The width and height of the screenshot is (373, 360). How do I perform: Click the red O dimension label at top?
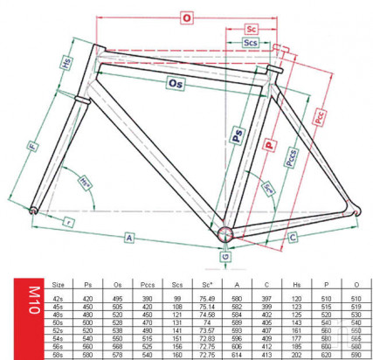pos(185,16)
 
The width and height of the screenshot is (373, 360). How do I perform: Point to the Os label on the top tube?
pos(176,84)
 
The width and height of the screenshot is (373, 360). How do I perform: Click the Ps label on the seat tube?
pos(237,135)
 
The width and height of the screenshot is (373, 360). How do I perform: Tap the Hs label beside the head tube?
pos(66,63)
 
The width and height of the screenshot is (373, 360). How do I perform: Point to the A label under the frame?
pos(128,237)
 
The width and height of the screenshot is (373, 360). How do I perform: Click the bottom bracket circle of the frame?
pos(226,233)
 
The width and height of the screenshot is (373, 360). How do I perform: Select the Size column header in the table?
pos(59,284)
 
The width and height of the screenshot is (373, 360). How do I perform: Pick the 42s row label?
pos(59,296)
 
